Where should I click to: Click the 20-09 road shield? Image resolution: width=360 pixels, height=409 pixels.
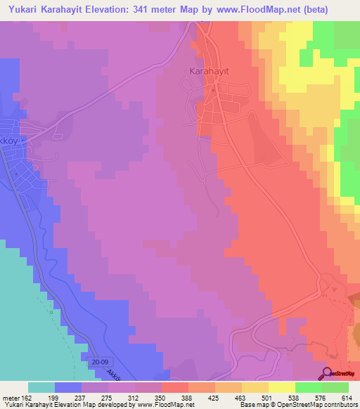pyautogui.click(x=98, y=361)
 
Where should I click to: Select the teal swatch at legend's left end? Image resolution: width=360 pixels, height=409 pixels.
pyautogui.click(x=41, y=387)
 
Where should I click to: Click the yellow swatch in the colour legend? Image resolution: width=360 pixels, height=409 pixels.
pyautogui.click(x=282, y=387)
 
